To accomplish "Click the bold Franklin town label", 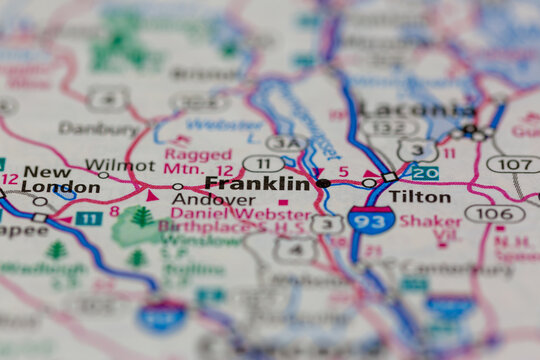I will click(257, 184).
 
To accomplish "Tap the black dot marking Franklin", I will click(323, 183).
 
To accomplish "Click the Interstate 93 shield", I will click(371, 220).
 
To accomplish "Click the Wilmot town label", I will click(120, 165).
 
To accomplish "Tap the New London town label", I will click(47, 179).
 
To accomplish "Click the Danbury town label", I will click(98, 128).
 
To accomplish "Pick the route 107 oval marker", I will click(512, 164).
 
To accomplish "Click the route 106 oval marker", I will click(494, 213).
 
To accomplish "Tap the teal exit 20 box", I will click(425, 173).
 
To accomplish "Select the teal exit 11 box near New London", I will click(89, 218).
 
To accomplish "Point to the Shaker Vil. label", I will click(432, 229).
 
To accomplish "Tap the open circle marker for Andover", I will click(177, 186).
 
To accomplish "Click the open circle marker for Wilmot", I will click(103, 175).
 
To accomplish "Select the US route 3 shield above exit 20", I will click(416, 151).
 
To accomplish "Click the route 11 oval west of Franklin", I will click(263, 163).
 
